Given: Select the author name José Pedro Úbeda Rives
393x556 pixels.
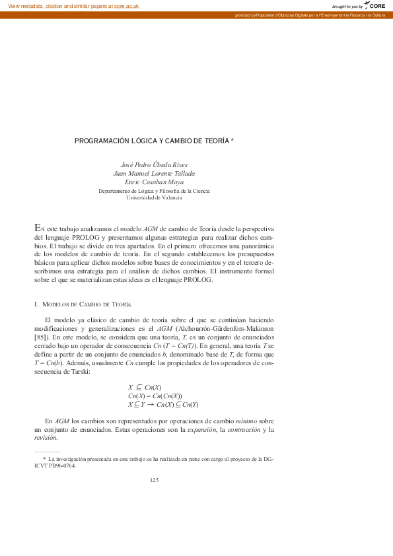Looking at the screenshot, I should tap(154, 164).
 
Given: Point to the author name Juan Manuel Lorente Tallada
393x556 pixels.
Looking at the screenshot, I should tap(154, 174).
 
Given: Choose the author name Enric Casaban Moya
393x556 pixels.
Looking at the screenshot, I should tap(154, 182).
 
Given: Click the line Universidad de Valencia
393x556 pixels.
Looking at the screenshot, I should tap(154, 197).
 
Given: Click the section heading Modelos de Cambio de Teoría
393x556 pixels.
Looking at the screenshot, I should tap(85, 304).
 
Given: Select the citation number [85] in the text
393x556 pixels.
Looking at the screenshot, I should tap(41, 337).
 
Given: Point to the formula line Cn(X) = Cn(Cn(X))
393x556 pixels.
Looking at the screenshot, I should tap(155, 396).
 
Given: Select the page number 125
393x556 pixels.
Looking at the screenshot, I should tap(154, 480).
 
